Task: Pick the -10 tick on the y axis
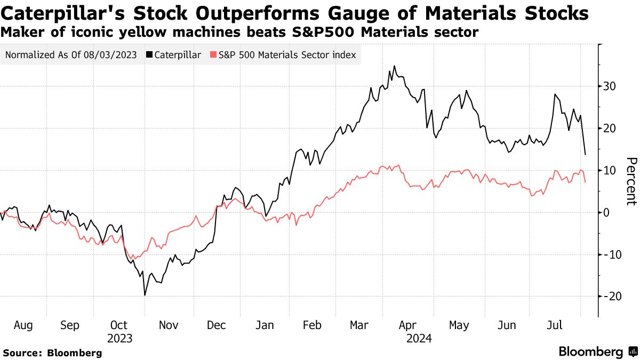pyautogui.click(x=610, y=254)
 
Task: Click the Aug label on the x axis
pyautogui.click(x=23, y=325)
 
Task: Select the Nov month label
pyautogui.click(x=169, y=325)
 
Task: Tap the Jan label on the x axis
pyautogui.click(x=265, y=325)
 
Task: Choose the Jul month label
pyautogui.click(x=556, y=325)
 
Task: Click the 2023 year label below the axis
pyautogui.click(x=119, y=338)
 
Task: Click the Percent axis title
pyautogui.click(x=631, y=181)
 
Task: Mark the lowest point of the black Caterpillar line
pyautogui.click(x=145, y=295)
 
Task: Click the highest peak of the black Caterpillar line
pyautogui.click(x=394, y=66)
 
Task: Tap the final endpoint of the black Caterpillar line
pyautogui.click(x=586, y=155)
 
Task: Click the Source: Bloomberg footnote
pyautogui.click(x=52, y=353)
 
